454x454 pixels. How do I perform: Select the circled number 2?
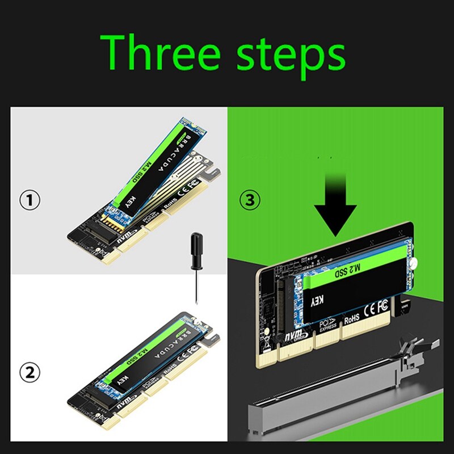(30, 372)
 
